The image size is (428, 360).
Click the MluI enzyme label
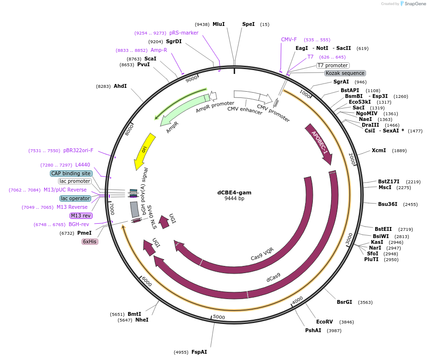[218, 24]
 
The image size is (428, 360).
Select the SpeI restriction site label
[249, 24]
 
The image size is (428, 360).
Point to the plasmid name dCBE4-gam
[234, 192]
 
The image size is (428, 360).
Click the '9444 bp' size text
[234, 199]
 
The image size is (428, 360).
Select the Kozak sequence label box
[345, 73]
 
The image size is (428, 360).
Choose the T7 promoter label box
[333, 65]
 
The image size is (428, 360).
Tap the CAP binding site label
[71, 173]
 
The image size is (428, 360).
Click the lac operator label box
[75, 198]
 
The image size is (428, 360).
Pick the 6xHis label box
[90, 241]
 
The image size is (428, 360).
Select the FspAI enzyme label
[199, 352]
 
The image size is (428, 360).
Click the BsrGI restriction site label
[344, 302]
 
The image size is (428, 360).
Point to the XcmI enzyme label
[379, 150]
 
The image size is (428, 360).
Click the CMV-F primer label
[289, 39]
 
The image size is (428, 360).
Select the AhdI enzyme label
[120, 86]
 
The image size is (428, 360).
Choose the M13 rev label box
[81, 216]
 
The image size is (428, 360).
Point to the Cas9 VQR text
[262, 254]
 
